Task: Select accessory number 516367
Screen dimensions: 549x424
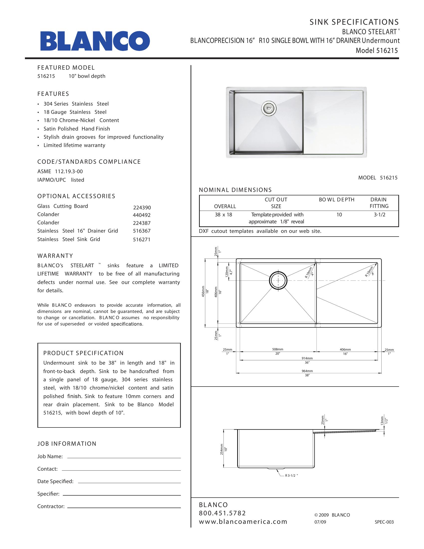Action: click(x=141, y=231)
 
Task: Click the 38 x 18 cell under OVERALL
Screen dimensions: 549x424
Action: click(x=223, y=215)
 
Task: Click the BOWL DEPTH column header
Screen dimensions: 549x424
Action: click(x=337, y=200)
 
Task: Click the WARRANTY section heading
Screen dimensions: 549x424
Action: click(x=55, y=256)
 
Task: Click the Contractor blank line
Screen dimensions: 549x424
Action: click(x=124, y=508)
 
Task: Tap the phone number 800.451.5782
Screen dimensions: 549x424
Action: click(x=222, y=513)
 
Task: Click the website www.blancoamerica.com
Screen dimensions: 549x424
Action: click(x=243, y=522)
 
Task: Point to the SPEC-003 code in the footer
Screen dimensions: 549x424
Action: click(x=384, y=522)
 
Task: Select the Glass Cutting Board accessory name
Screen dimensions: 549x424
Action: click(x=63, y=206)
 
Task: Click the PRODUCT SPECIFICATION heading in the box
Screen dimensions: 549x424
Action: click(x=83, y=353)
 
